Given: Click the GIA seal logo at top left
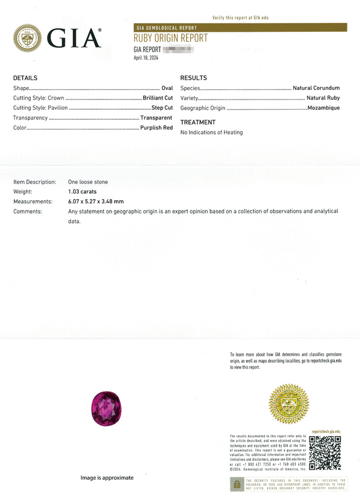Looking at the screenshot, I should (27, 38).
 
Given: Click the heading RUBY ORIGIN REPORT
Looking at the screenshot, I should (170, 38).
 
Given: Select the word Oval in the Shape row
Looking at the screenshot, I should (167, 88).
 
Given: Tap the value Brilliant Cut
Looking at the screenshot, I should (158, 98).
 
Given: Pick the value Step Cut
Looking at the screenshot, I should (162, 108).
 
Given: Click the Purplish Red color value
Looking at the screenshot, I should (156, 128).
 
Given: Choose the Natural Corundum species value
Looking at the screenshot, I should (316, 88).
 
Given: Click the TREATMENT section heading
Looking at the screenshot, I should (198, 122).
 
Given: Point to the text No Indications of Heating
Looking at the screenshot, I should (212, 133).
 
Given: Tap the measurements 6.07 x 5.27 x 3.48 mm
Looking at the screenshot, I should (96, 202).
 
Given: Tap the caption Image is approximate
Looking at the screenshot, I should (107, 478).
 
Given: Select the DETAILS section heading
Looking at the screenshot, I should (25, 78).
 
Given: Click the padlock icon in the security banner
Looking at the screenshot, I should (237, 484).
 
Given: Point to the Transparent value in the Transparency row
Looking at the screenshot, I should (156, 118).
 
